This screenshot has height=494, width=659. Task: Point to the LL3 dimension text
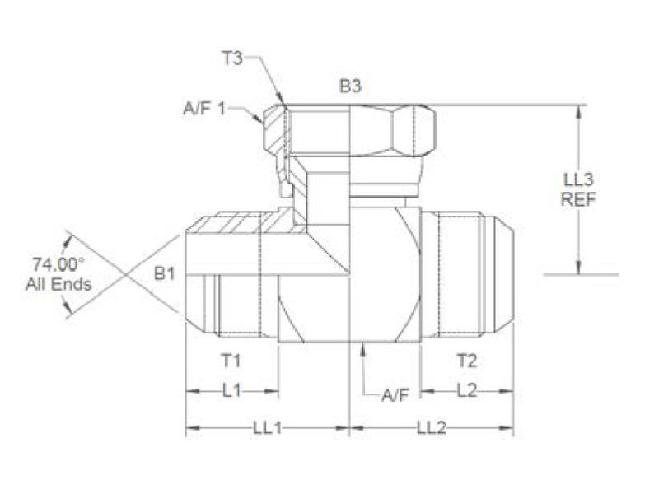pyautogui.click(x=579, y=180)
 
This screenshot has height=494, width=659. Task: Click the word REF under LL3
pyautogui.click(x=579, y=198)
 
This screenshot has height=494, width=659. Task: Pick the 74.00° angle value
pyautogui.click(x=58, y=265)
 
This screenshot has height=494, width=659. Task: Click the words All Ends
pyautogui.click(x=58, y=285)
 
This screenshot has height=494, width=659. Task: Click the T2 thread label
pyautogui.click(x=467, y=360)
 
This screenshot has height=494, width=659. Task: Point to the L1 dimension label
pyautogui.click(x=233, y=390)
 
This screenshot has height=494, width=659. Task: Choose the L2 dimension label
pyautogui.click(x=466, y=390)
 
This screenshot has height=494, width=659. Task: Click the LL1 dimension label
pyautogui.click(x=268, y=428)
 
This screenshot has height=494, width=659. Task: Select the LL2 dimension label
pyautogui.click(x=432, y=428)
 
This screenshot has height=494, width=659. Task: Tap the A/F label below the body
pyautogui.click(x=395, y=395)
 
